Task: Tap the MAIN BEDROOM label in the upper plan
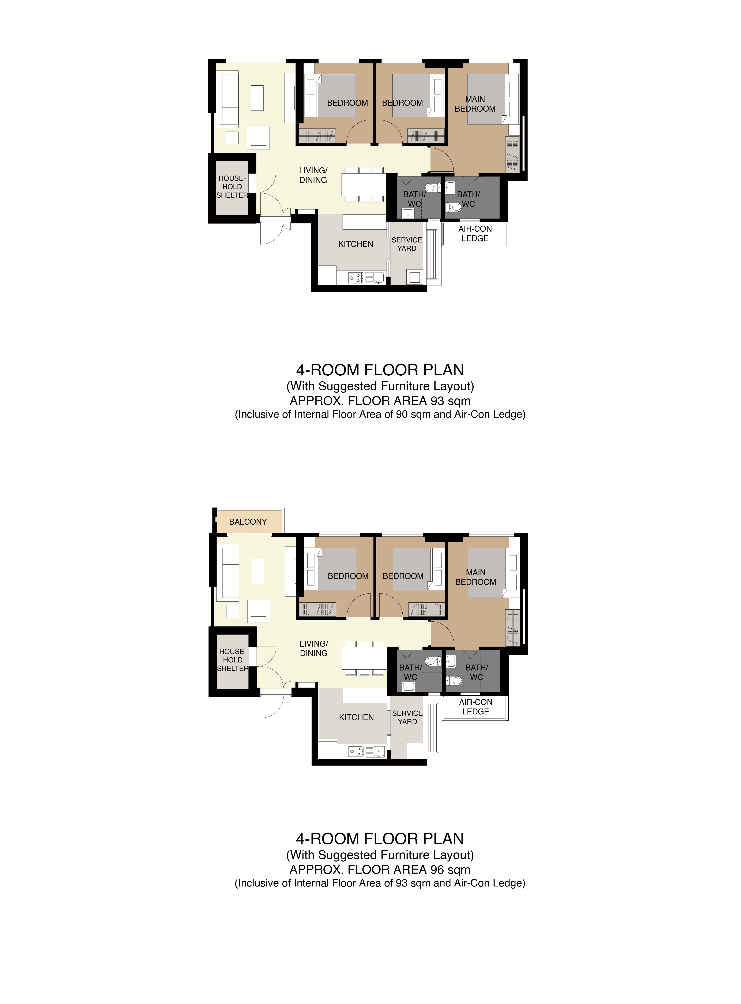click(x=475, y=104)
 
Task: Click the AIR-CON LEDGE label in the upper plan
click(x=475, y=233)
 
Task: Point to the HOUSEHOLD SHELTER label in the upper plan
click(x=232, y=187)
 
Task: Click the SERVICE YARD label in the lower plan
click(x=407, y=717)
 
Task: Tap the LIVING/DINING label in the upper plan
click(x=313, y=175)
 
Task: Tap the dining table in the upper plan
click(x=364, y=185)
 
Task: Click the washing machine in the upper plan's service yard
click(x=414, y=277)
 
